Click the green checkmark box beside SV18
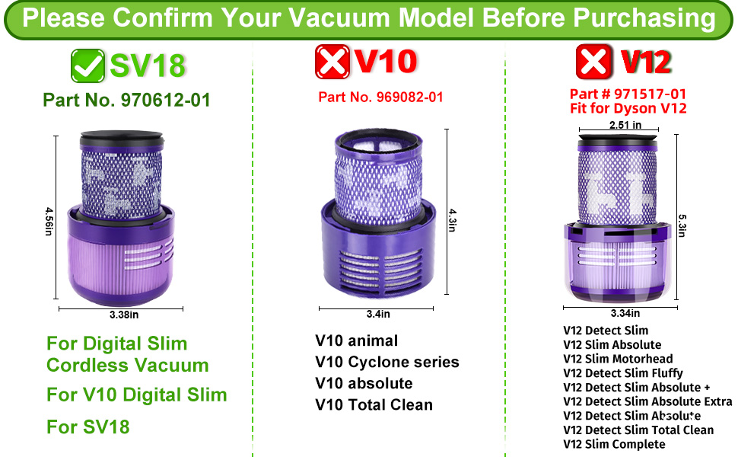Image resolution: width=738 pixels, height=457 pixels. coord(88,66)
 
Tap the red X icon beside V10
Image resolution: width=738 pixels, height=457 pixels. coord(332,62)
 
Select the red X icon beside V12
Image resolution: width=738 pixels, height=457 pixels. coord(594,62)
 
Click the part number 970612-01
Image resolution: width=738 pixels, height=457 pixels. coord(165,100)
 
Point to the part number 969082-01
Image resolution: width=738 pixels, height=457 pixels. coord(409,97)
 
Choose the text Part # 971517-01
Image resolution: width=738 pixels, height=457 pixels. coord(628,94)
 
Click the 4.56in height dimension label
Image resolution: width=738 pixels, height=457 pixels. coord(49,221)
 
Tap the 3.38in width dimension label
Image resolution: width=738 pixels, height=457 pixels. coord(124,315)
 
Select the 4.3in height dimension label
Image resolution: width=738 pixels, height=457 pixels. coord(452,220)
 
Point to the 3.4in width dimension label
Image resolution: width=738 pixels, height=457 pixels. coord(378,314)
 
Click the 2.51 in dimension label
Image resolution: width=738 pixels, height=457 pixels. coord(625,125)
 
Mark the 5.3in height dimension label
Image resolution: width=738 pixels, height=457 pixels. coord(682,225)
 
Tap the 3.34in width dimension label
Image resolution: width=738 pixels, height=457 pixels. coord(625,313)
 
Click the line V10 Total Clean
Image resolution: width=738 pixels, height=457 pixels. coord(374,404)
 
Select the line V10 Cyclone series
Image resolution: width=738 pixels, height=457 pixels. coord(387,362)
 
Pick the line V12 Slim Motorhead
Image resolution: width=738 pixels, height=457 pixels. coord(618,359)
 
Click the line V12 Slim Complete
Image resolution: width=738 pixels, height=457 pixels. coord(614,444)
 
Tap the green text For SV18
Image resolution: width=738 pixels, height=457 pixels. coord(88,427)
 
